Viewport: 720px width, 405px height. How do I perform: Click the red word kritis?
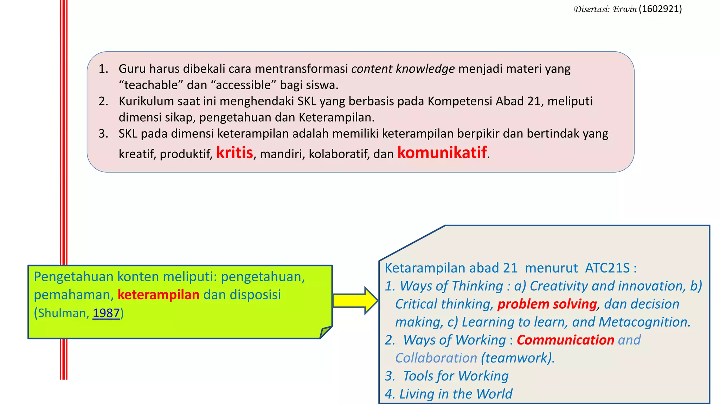point(234,153)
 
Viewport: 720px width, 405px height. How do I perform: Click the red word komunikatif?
point(442,153)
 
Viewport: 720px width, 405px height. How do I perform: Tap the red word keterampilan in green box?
point(158,295)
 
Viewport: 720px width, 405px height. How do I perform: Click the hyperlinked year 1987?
point(106,313)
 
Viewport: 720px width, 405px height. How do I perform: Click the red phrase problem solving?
point(547,304)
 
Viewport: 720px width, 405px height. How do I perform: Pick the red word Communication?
point(565,340)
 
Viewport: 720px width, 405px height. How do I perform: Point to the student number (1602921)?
point(660,9)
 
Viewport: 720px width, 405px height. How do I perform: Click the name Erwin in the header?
point(624,9)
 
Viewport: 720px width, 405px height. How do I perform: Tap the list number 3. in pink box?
point(103,134)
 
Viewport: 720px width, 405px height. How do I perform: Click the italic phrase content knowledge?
point(403,69)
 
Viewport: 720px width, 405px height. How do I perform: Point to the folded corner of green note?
point(325,332)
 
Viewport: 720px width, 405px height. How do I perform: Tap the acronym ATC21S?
point(607,268)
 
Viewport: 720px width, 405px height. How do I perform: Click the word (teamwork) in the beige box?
point(517,358)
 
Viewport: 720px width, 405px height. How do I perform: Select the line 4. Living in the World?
point(448,394)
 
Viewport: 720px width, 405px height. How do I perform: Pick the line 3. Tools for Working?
point(446,376)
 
